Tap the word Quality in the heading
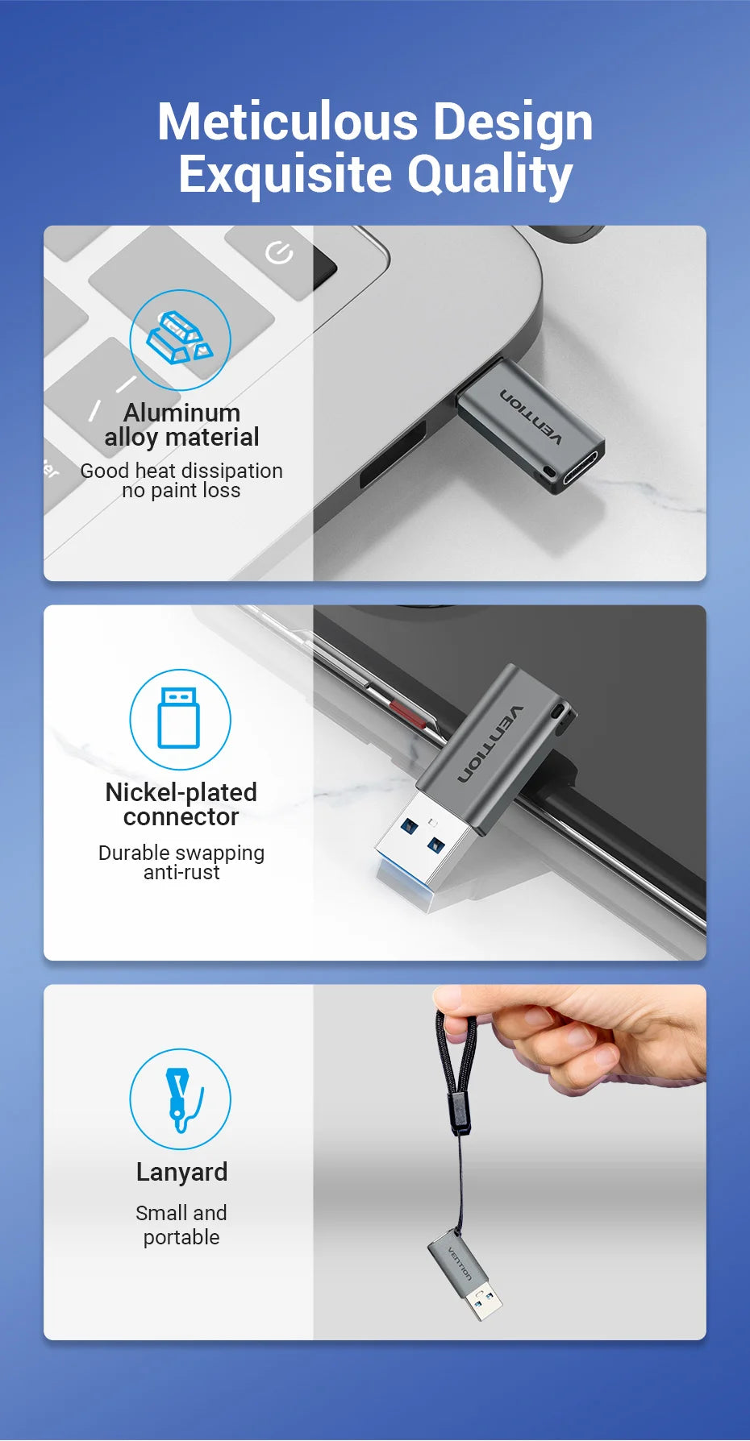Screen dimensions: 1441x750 tap(490, 175)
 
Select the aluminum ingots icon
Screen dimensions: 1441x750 tap(180, 339)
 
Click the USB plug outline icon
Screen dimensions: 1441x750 tap(179, 718)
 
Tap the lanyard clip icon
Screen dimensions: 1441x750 tap(179, 1098)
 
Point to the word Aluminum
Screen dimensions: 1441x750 tap(181, 413)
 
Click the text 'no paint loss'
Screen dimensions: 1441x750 tap(181, 490)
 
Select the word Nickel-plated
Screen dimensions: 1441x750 tap(181, 792)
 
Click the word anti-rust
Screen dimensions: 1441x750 tap(181, 872)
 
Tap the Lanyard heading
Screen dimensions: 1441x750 tap(181, 1172)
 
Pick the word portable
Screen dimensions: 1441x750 tap(181, 1237)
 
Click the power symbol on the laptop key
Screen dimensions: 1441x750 tap(279, 253)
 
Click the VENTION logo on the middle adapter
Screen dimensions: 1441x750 tap(490, 744)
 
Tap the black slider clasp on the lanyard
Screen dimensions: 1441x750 tap(458, 1111)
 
